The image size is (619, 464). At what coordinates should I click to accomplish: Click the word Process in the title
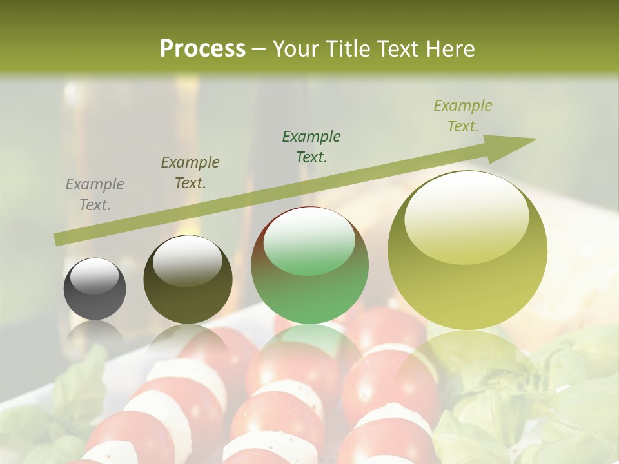coord(202,49)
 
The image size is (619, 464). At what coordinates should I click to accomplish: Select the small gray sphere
coord(95,289)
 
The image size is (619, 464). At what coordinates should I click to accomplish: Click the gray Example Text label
coord(95,195)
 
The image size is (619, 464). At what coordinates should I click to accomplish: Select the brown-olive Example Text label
coord(190,173)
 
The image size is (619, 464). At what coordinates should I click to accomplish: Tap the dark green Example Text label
coord(311,146)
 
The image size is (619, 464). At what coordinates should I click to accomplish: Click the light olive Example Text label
coord(463,115)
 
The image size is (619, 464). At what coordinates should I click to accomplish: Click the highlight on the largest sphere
coord(466,218)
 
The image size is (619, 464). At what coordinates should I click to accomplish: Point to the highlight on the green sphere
coord(309,242)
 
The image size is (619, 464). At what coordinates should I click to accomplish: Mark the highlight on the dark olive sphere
coord(187,260)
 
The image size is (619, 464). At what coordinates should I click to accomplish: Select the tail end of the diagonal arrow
coord(57,240)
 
